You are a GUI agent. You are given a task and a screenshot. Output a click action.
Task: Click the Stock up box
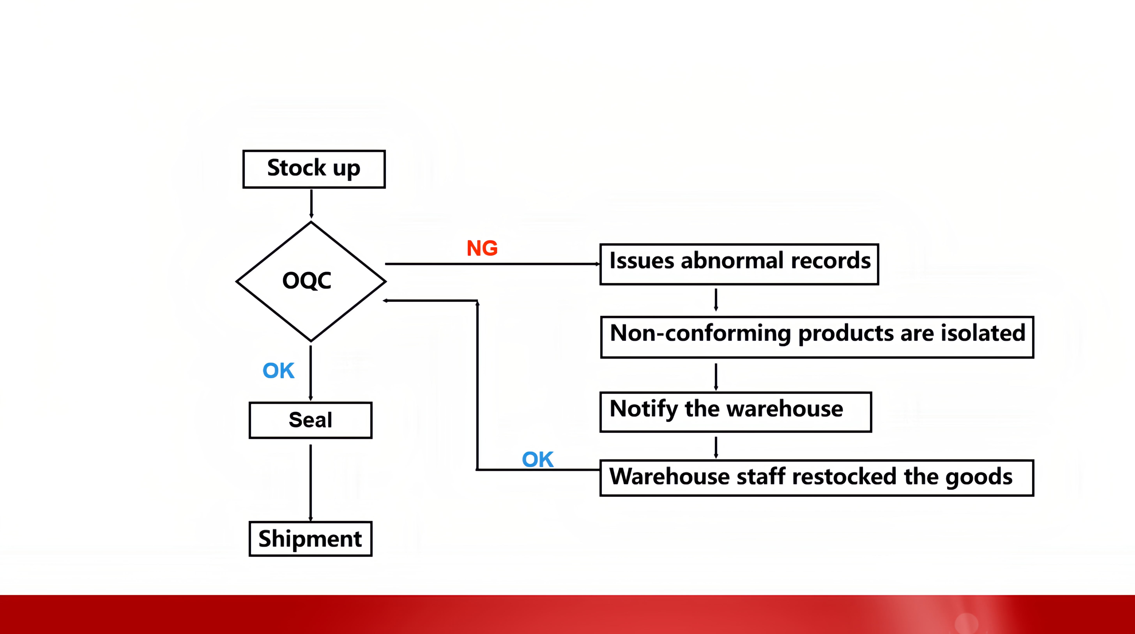(314, 169)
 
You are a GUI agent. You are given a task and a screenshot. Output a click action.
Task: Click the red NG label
(482, 248)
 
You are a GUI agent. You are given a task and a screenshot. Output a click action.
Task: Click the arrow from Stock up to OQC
(311, 204)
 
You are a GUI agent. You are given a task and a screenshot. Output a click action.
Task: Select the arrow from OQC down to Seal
(311, 373)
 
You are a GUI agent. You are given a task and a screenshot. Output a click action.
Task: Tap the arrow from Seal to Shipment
(311, 483)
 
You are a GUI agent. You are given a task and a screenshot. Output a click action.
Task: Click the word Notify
(643, 409)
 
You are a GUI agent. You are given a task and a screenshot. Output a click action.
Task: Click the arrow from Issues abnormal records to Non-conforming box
(716, 300)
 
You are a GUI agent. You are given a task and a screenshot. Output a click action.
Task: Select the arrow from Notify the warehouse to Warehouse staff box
(716, 447)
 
